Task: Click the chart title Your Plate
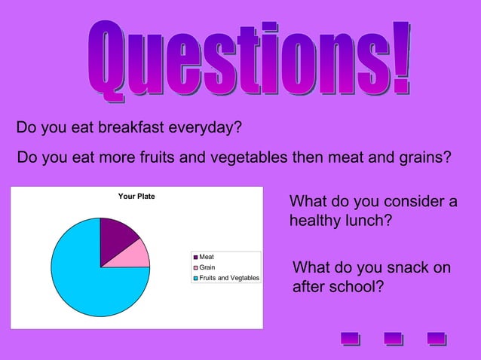[136, 197]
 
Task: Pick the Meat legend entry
[206, 258]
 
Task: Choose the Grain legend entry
[207, 267]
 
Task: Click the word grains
[423, 159]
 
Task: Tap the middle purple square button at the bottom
[393, 338]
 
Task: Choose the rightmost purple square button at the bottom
[436, 338]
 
